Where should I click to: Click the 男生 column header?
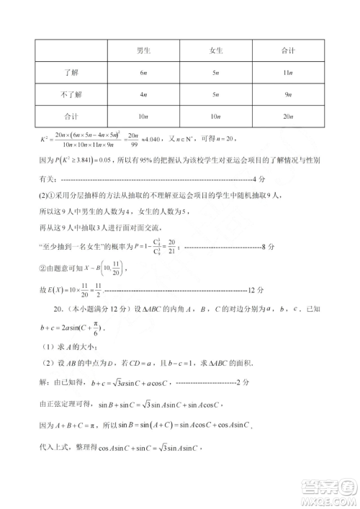(x=143, y=52)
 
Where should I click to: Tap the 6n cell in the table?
(x=143, y=73)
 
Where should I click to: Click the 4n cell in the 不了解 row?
(x=143, y=94)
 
